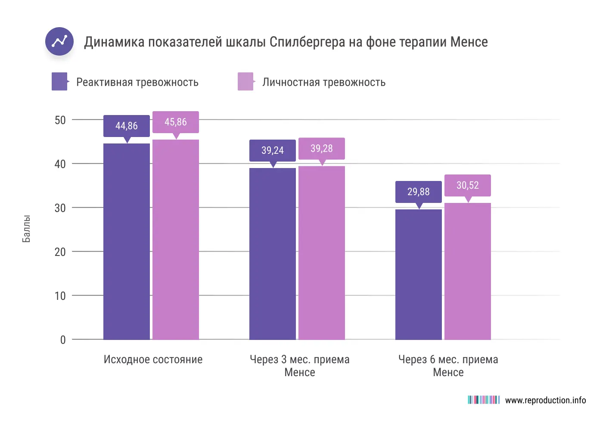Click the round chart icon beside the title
tap(59, 41)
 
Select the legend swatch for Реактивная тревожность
tap(59, 81)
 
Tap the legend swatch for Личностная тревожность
tap(245, 81)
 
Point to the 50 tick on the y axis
tap(60, 120)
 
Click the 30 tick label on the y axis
tap(60, 208)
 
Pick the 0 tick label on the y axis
tap(63, 340)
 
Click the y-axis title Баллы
tap(26, 229)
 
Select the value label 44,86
tap(127, 126)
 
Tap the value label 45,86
tap(176, 122)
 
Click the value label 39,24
tap(273, 150)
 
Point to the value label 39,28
tap(322, 149)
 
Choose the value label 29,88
tap(419, 192)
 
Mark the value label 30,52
tap(468, 185)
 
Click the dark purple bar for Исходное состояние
tap(127, 241)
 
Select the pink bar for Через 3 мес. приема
tap(322, 254)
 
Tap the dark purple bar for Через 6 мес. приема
tap(419, 276)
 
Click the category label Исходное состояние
tap(153, 360)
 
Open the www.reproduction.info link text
tap(545, 400)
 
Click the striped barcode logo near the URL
tap(484, 400)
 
